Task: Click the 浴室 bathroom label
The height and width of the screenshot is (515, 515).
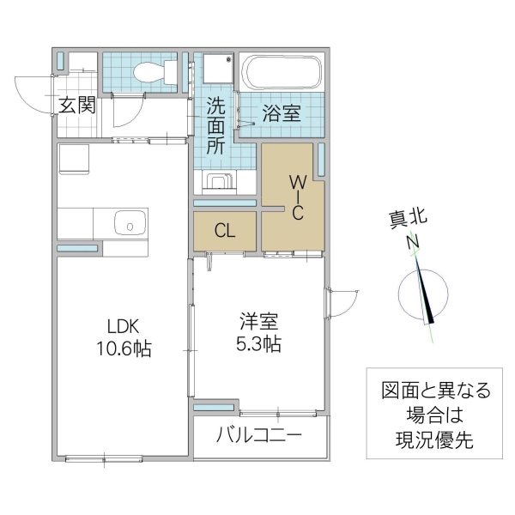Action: [281, 112]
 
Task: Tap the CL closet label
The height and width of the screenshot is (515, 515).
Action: [224, 231]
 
